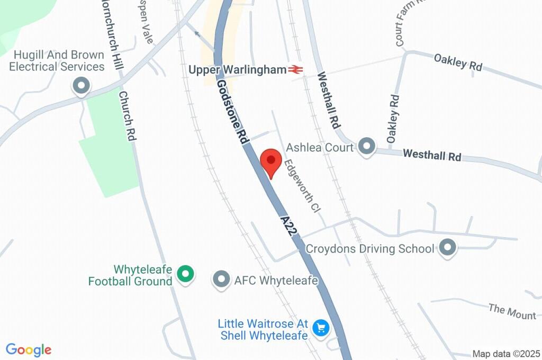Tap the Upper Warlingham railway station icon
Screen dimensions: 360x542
click(295, 69)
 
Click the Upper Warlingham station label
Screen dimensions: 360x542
click(238, 70)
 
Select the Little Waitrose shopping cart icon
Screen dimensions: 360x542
click(320, 328)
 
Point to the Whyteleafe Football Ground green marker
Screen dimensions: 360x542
click(185, 274)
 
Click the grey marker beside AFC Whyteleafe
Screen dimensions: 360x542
click(221, 280)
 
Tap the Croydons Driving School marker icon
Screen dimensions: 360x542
click(448, 248)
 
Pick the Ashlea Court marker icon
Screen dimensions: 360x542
click(365, 147)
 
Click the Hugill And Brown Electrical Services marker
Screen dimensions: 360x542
click(81, 85)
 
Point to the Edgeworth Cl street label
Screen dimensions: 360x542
click(302, 186)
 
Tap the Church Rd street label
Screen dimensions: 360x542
click(128, 116)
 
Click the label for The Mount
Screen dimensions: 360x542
click(512, 311)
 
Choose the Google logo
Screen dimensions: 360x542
click(29, 350)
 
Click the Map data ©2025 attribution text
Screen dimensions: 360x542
click(506, 354)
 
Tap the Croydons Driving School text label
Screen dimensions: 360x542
click(370, 248)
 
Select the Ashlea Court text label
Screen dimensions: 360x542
click(319, 147)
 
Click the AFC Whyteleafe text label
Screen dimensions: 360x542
click(276, 281)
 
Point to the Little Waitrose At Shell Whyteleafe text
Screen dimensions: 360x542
click(263, 329)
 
